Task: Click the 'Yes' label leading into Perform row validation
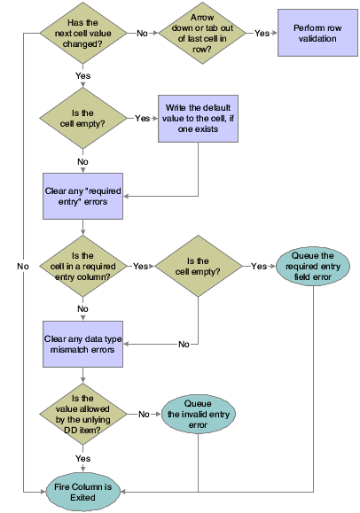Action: (x=262, y=33)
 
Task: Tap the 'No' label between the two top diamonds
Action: (x=142, y=33)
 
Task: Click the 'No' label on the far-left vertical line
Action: (x=23, y=265)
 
